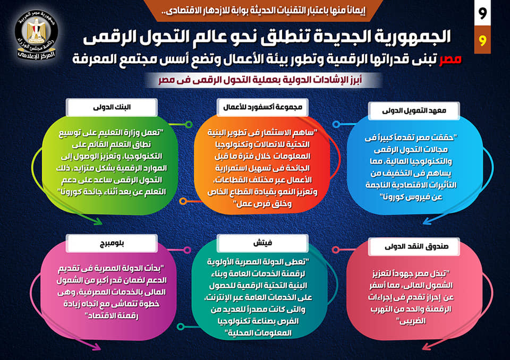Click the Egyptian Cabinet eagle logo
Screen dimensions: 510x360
pos(37,35)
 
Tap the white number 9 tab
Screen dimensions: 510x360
pos(482,13)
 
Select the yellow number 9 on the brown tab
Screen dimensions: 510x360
pos(482,40)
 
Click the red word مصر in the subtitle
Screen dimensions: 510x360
pos(450,59)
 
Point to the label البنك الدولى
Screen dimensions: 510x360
pos(112,107)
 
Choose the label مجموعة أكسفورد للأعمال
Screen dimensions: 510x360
pos(262,107)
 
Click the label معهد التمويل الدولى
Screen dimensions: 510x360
pos(414,111)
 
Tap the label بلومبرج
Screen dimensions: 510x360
pos(112,243)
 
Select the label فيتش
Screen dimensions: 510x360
pos(262,243)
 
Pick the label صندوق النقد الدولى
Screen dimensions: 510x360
pos(414,246)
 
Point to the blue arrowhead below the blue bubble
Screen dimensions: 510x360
pos(427,221)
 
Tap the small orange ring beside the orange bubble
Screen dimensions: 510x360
pos(183,201)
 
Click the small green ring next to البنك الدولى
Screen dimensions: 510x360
pos(189,125)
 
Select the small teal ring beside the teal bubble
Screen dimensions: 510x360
pos(181,326)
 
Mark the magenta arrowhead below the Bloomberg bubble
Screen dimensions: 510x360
pos(96,347)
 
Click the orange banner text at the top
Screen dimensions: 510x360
pos(263,11)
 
